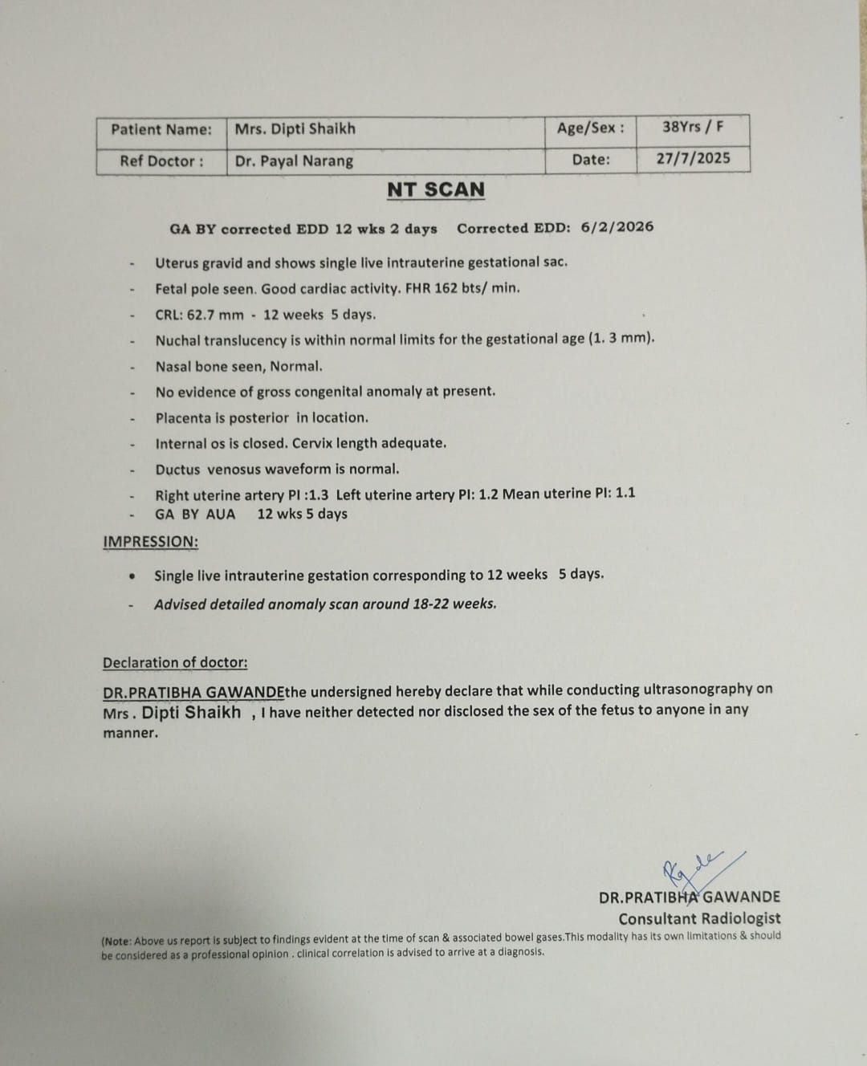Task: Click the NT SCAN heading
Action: [436, 190]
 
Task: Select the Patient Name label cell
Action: [161, 129]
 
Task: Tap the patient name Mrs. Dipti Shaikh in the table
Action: [295, 128]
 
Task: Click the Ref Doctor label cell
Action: [161, 161]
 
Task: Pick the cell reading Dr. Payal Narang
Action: [294, 161]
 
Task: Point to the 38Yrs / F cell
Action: [693, 127]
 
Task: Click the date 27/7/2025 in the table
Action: [693, 158]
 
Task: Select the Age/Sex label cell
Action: [591, 128]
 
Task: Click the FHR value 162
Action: [446, 287]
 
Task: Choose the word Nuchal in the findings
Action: [177, 340]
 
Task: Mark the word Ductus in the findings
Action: [178, 469]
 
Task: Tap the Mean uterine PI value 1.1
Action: [625, 493]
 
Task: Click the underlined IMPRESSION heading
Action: [150, 542]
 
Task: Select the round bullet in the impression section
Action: [132, 576]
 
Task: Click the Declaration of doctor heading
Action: [175, 662]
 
